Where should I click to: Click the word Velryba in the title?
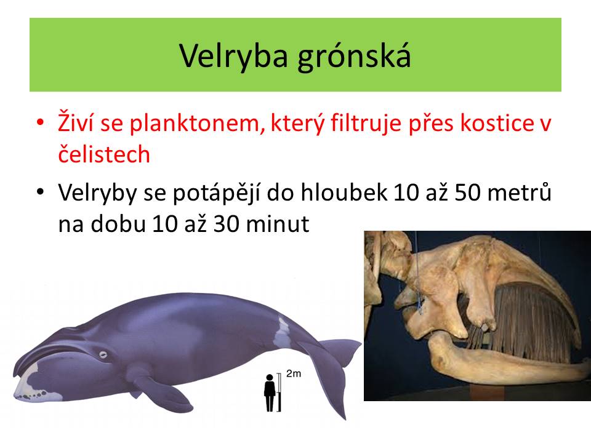(x=234, y=56)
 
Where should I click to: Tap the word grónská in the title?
(x=354, y=56)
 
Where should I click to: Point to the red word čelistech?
(x=104, y=154)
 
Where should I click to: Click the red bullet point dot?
(x=41, y=123)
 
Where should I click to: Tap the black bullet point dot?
(x=41, y=192)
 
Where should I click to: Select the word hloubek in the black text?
(x=344, y=192)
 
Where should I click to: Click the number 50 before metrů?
(x=468, y=192)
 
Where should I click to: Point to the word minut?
(x=278, y=224)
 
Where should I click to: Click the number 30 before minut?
(x=227, y=224)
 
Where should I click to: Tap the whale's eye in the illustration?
(x=103, y=354)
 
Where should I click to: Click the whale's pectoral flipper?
(x=162, y=388)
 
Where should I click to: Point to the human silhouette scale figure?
(x=270, y=393)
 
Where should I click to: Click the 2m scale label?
(x=294, y=373)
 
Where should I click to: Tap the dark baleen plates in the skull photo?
(x=528, y=324)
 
